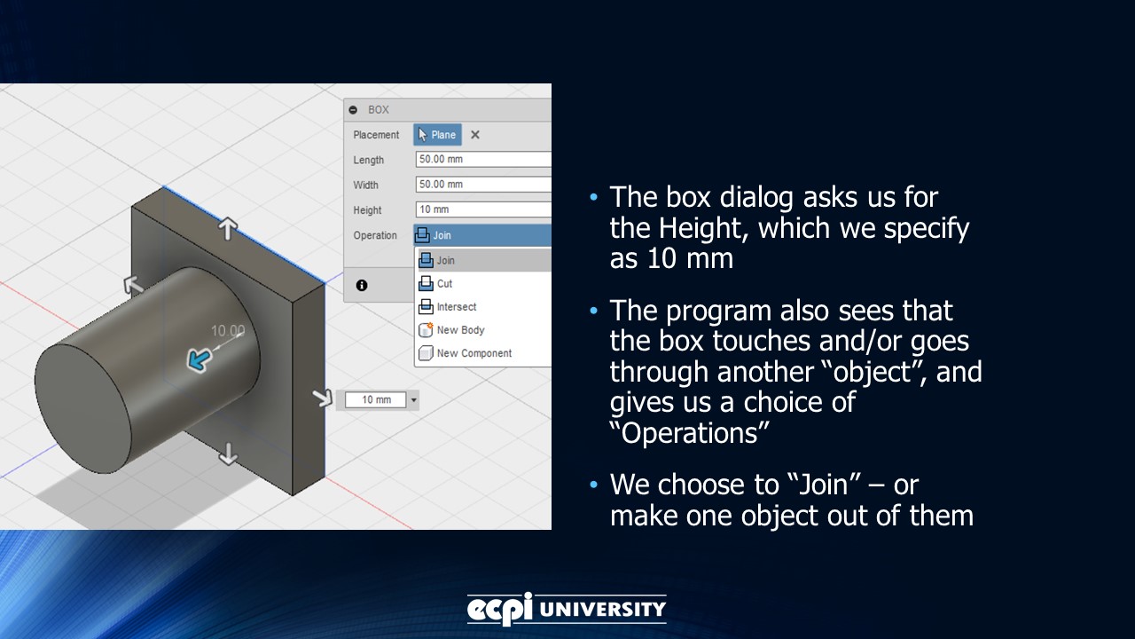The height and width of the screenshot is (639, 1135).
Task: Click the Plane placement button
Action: tap(437, 135)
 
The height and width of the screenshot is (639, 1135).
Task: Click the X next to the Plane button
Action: tap(475, 135)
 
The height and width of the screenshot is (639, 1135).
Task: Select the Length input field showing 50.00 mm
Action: tap(482, 160)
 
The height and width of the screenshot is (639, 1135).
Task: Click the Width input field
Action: tap(482, 185)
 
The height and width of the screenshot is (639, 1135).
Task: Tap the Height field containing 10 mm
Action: tap(482, 209)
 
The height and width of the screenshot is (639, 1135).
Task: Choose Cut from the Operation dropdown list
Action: tap(444, 284)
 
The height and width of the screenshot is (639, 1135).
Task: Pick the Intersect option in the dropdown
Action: tap(456, 307)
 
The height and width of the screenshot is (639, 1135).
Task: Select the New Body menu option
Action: tap(460, 330)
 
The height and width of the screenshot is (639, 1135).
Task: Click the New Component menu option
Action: tap(474, 353)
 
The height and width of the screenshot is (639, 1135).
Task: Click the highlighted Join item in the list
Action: tap(445, 261)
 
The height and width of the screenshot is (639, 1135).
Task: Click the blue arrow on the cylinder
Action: tap(199, 359)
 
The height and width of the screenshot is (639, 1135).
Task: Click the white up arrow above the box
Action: tap(228, 229)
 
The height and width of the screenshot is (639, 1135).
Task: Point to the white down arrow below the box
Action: tap(228, 455)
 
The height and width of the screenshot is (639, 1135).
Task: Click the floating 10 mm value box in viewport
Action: tap(376, 400)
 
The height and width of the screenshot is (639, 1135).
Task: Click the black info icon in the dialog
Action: tap(362, 285)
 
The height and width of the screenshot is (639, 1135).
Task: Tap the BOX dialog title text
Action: tap(379, 110)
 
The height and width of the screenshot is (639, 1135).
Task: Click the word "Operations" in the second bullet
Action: tap(689, 433)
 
